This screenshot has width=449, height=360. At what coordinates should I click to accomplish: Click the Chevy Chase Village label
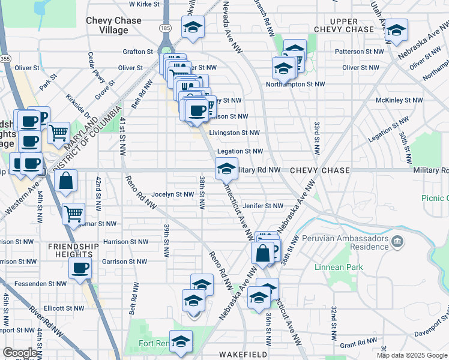[x=113, y=25]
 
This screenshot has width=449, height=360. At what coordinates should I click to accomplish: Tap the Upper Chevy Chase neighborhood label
[x=344, y=25]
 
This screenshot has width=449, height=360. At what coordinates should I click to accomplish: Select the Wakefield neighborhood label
[x=243, y=355]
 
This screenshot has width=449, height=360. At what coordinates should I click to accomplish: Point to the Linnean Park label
[x=334, y=266]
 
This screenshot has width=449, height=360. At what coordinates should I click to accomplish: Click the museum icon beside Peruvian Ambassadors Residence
[x=397, y=242]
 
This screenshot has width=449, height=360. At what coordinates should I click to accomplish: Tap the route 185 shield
[x=164, y=28]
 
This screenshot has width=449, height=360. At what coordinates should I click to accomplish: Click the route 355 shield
[x=5, y=59]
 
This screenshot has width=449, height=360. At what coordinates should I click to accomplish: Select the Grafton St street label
[x=138, y=52]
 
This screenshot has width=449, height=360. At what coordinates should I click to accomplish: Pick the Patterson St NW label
[x=359, y=52]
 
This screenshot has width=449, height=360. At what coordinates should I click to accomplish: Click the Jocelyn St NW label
[x=173, y=194]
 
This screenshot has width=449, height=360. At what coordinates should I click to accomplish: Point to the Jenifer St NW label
[x=262, y=206]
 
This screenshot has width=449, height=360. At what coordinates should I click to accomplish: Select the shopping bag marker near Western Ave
[x=66, y=181]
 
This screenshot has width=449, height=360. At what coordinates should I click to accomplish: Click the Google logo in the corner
[x=20, y=353]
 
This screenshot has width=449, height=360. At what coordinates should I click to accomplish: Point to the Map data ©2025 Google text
[x=412, y=355]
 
